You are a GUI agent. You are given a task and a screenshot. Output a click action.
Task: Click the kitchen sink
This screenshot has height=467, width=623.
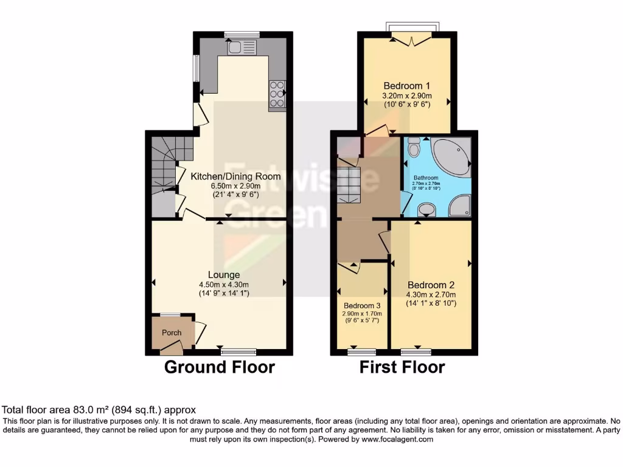coord(243,47)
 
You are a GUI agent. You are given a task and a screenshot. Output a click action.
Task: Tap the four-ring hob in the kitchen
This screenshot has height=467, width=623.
coord(277,94)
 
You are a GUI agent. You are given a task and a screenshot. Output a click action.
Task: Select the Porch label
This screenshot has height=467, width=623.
coord(172,333)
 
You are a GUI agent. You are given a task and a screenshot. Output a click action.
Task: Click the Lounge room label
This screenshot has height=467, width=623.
coord(219,275)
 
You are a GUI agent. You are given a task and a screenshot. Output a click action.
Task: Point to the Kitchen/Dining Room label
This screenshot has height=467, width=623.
coord(235,176)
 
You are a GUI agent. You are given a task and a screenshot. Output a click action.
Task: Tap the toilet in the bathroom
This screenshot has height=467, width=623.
coord(414,147)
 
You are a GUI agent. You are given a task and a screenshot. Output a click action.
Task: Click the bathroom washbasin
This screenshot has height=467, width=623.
coord(427,210)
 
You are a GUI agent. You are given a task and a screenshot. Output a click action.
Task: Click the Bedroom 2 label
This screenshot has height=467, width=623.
coord(431,285)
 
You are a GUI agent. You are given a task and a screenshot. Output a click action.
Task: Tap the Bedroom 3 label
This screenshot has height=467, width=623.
coord(362,305)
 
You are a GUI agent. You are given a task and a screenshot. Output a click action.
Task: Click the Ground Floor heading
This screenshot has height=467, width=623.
coord(220,367)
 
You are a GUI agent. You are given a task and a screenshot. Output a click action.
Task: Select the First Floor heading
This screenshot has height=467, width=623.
coord(402,367)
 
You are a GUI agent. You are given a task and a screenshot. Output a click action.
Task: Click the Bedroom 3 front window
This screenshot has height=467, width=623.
coord(362,351)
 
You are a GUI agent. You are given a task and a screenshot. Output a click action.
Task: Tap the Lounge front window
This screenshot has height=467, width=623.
coord(238,351)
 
